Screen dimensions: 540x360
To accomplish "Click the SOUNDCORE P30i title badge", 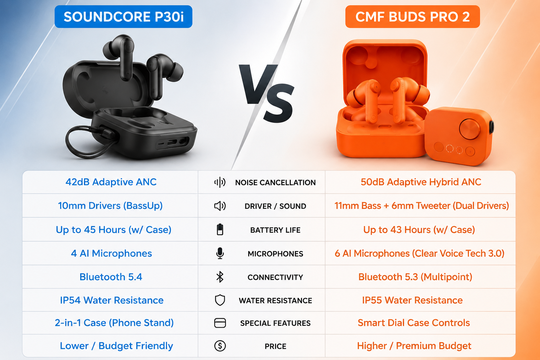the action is (x=123, y=17).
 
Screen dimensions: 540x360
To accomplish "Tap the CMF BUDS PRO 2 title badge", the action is (x=412, y=17).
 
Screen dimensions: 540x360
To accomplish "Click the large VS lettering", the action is (x=267, y=93).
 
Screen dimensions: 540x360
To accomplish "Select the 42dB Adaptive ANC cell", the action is (x=111, y=182).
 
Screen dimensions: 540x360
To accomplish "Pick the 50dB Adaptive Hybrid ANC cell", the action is (x=421, y=182).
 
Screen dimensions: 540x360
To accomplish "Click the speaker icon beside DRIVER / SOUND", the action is (x=220, y=206).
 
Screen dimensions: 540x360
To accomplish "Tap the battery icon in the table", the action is (x=220, y=229).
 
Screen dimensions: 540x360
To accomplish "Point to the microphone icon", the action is (x=220, y=253).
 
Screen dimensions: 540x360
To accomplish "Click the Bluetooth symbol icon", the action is (x=220, y=277).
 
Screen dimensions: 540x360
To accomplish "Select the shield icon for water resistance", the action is (x=220, y=300).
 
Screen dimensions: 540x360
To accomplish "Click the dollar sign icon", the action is (x=220, y=346).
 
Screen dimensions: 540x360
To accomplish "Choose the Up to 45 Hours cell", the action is (x=114, y=230).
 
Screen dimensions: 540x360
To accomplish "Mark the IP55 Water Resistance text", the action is (x=412, y=300).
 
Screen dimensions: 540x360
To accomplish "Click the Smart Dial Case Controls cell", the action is (x=414, y=323).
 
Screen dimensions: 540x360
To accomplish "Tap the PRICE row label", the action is (x=276, y=346).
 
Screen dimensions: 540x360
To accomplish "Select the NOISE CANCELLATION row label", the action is (x=276, y=182).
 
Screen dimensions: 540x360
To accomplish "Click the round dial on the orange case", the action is (x=469, y=129).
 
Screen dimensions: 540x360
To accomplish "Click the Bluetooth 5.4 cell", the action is (x=111, y=277).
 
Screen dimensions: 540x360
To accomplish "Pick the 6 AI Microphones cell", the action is (x=419, y=253).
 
